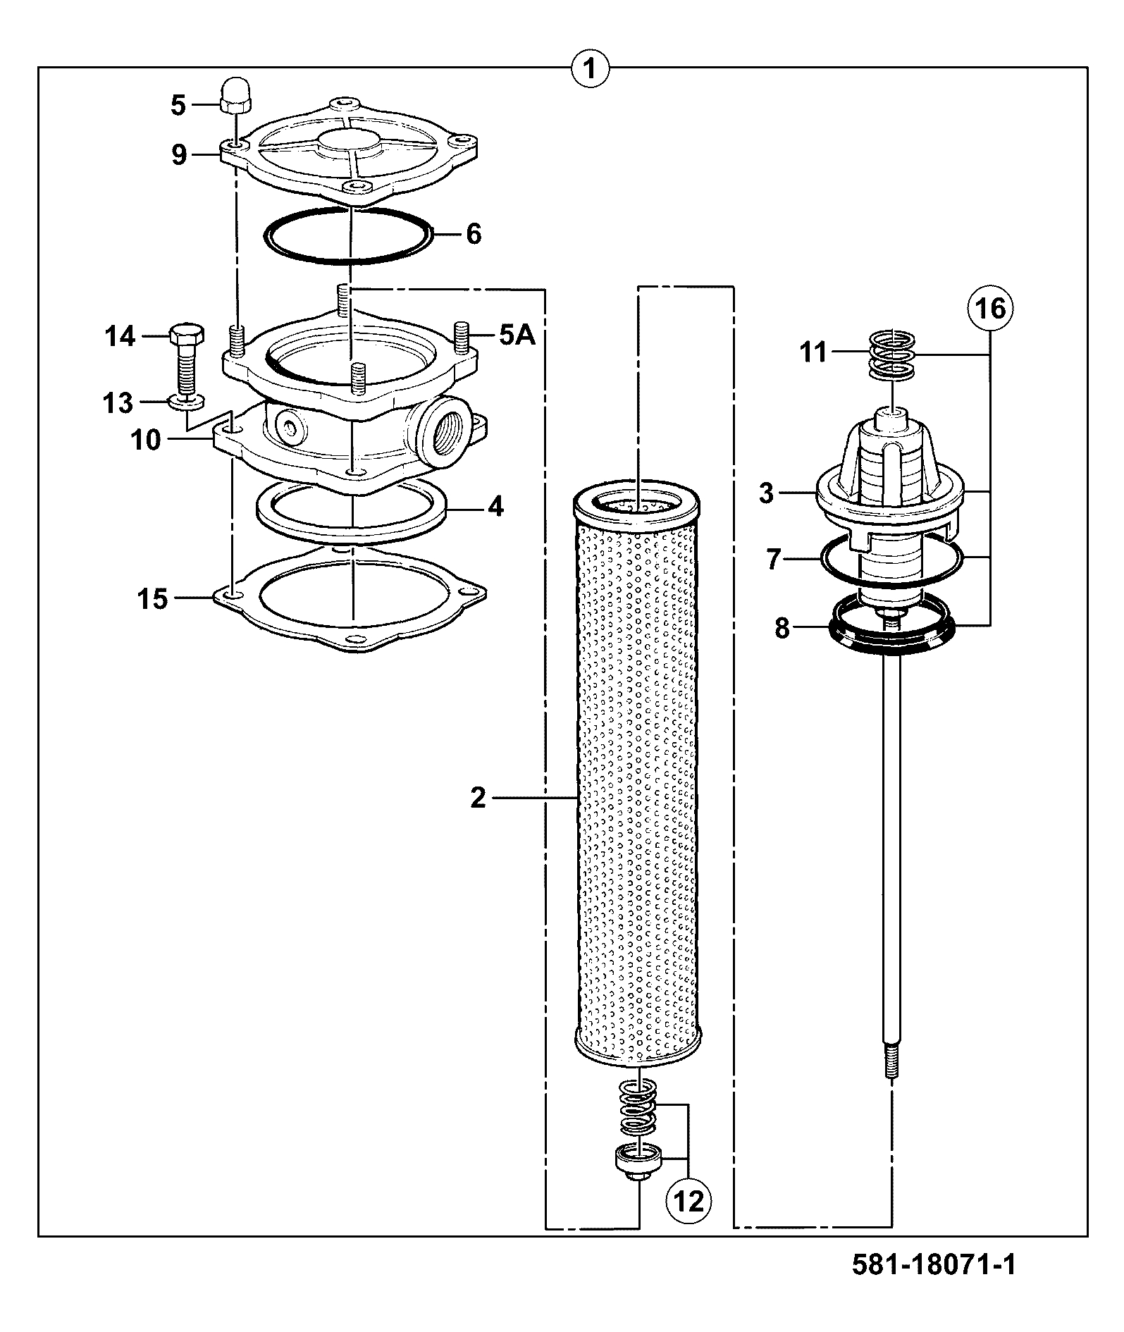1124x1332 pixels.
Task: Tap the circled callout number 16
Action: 990,308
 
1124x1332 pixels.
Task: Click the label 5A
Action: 517,335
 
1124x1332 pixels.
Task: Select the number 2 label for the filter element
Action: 478,798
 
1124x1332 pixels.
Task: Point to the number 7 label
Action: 774,560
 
